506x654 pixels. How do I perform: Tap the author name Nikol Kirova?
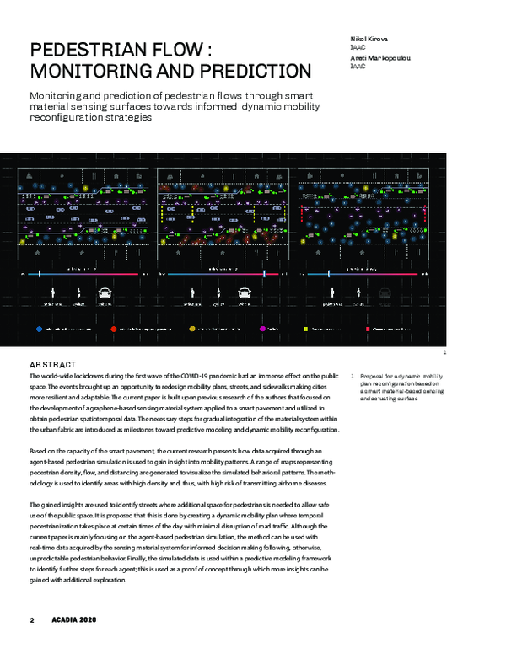coord(371,40)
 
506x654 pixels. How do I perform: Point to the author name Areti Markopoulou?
coord(381,56)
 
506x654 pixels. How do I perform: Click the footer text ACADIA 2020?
coord(71,620)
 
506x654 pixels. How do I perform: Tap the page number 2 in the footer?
coord(31,620)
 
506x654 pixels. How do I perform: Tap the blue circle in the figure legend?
coord(39,328)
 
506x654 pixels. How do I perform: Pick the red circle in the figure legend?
coord(115,328)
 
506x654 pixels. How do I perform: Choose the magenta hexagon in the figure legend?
coord(264,328)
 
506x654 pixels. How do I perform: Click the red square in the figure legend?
coord(369,328)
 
